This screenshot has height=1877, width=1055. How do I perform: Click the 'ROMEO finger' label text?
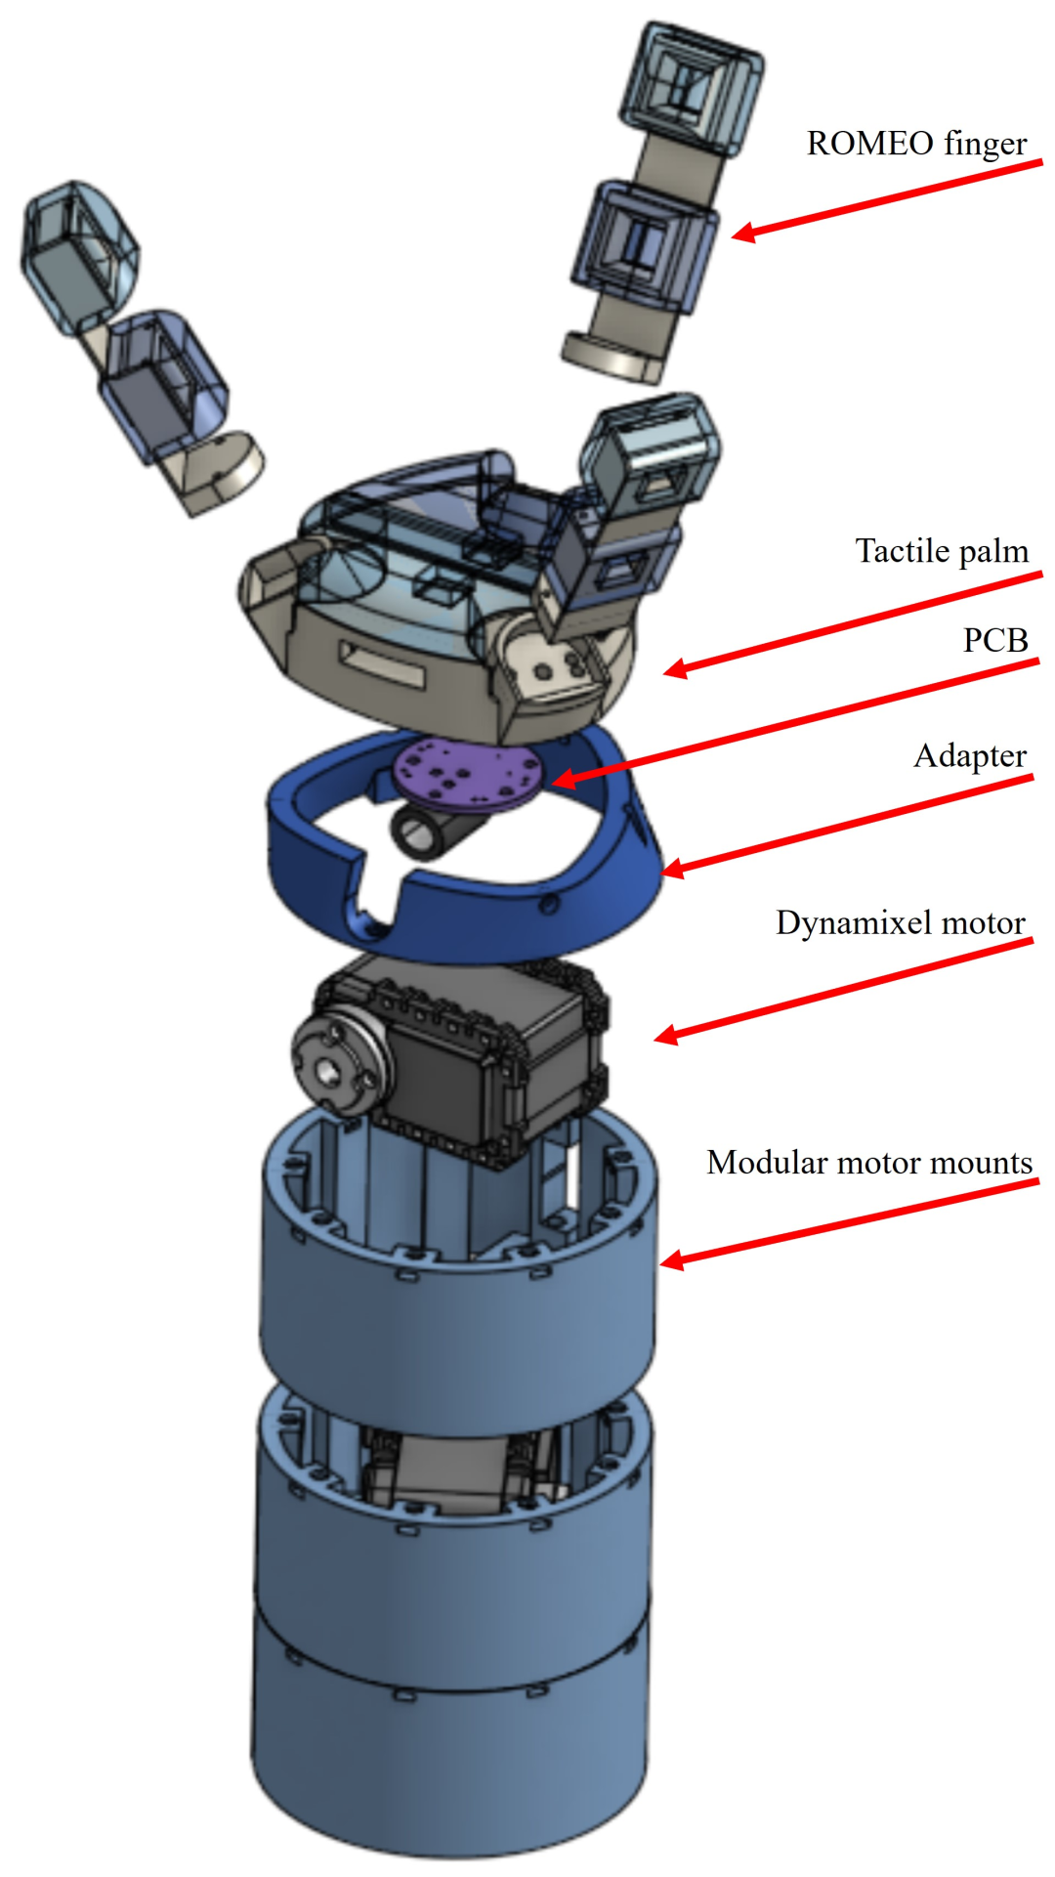(916, 144)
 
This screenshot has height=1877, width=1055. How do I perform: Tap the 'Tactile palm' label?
(942, 551)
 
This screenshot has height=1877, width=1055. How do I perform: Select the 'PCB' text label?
(995, 640)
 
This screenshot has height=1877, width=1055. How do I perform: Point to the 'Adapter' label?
(969, 756)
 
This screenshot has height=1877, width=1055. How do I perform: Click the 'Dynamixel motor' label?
(900, 923)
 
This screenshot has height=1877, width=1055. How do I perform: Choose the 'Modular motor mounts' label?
(868, 1163)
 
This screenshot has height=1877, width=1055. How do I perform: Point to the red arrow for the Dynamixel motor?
(840, 989)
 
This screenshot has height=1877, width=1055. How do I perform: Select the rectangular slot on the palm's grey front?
(382, 663)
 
